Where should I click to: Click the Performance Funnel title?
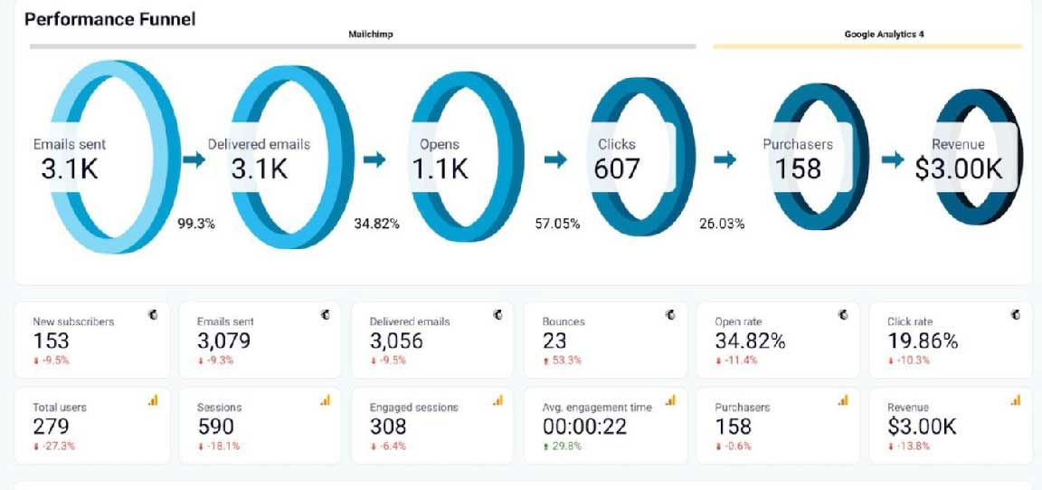coord(109,18)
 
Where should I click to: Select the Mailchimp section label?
coord(371,34)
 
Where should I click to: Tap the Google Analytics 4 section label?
coord(883,34)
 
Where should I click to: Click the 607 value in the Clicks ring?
coord(617,168)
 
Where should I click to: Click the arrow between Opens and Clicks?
coord(556,159)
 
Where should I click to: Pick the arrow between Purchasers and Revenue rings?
coord(893,159)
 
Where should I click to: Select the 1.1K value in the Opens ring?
coord(440,168)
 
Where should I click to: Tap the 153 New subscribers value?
coord(51,341)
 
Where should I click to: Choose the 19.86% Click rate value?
coord(923,341)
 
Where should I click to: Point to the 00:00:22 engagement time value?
coord(584,426)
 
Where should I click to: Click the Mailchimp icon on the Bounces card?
coord(670,314)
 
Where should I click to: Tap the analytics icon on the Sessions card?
coord(325,400)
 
